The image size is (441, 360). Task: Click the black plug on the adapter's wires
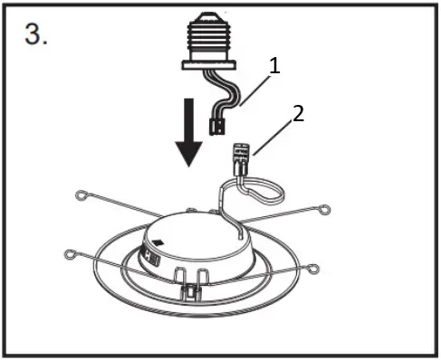pyautogui.click(x=217, y=127)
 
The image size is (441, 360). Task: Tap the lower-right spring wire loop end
pyautogui.click(x=312, y=269)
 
